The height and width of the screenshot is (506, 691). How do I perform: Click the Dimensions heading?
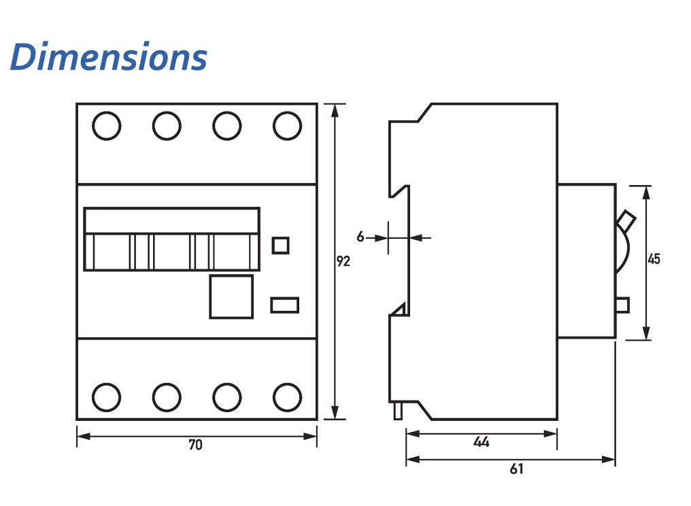point(109,57)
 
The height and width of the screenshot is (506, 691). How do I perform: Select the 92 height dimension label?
point(343,261)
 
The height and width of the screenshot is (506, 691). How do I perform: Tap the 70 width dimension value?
point(196,445)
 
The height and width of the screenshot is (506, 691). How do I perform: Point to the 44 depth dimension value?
point(482,441)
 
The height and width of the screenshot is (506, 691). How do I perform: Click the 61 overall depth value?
point(517,469)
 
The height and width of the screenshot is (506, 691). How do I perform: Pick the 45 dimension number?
point(654,259)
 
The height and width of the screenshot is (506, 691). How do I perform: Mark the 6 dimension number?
point(360,237)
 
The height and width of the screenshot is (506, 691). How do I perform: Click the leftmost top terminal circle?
point(106,126)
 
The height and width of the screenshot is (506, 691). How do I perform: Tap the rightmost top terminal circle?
point(287,126)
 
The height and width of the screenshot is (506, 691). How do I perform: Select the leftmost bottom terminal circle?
point(106,397)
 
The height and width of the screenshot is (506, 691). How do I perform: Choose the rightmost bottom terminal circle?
point(287,397)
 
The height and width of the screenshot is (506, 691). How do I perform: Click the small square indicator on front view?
point(280,245)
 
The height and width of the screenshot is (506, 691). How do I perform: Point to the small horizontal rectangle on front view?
point(284,305)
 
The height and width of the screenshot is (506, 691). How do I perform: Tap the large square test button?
point(231,297)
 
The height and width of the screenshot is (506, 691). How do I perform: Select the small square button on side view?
point(622,305)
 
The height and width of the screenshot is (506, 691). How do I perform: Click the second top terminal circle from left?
point(167,126)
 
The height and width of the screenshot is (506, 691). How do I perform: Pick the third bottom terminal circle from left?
point(227,397)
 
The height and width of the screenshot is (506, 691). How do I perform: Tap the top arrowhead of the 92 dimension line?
point(335,109)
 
